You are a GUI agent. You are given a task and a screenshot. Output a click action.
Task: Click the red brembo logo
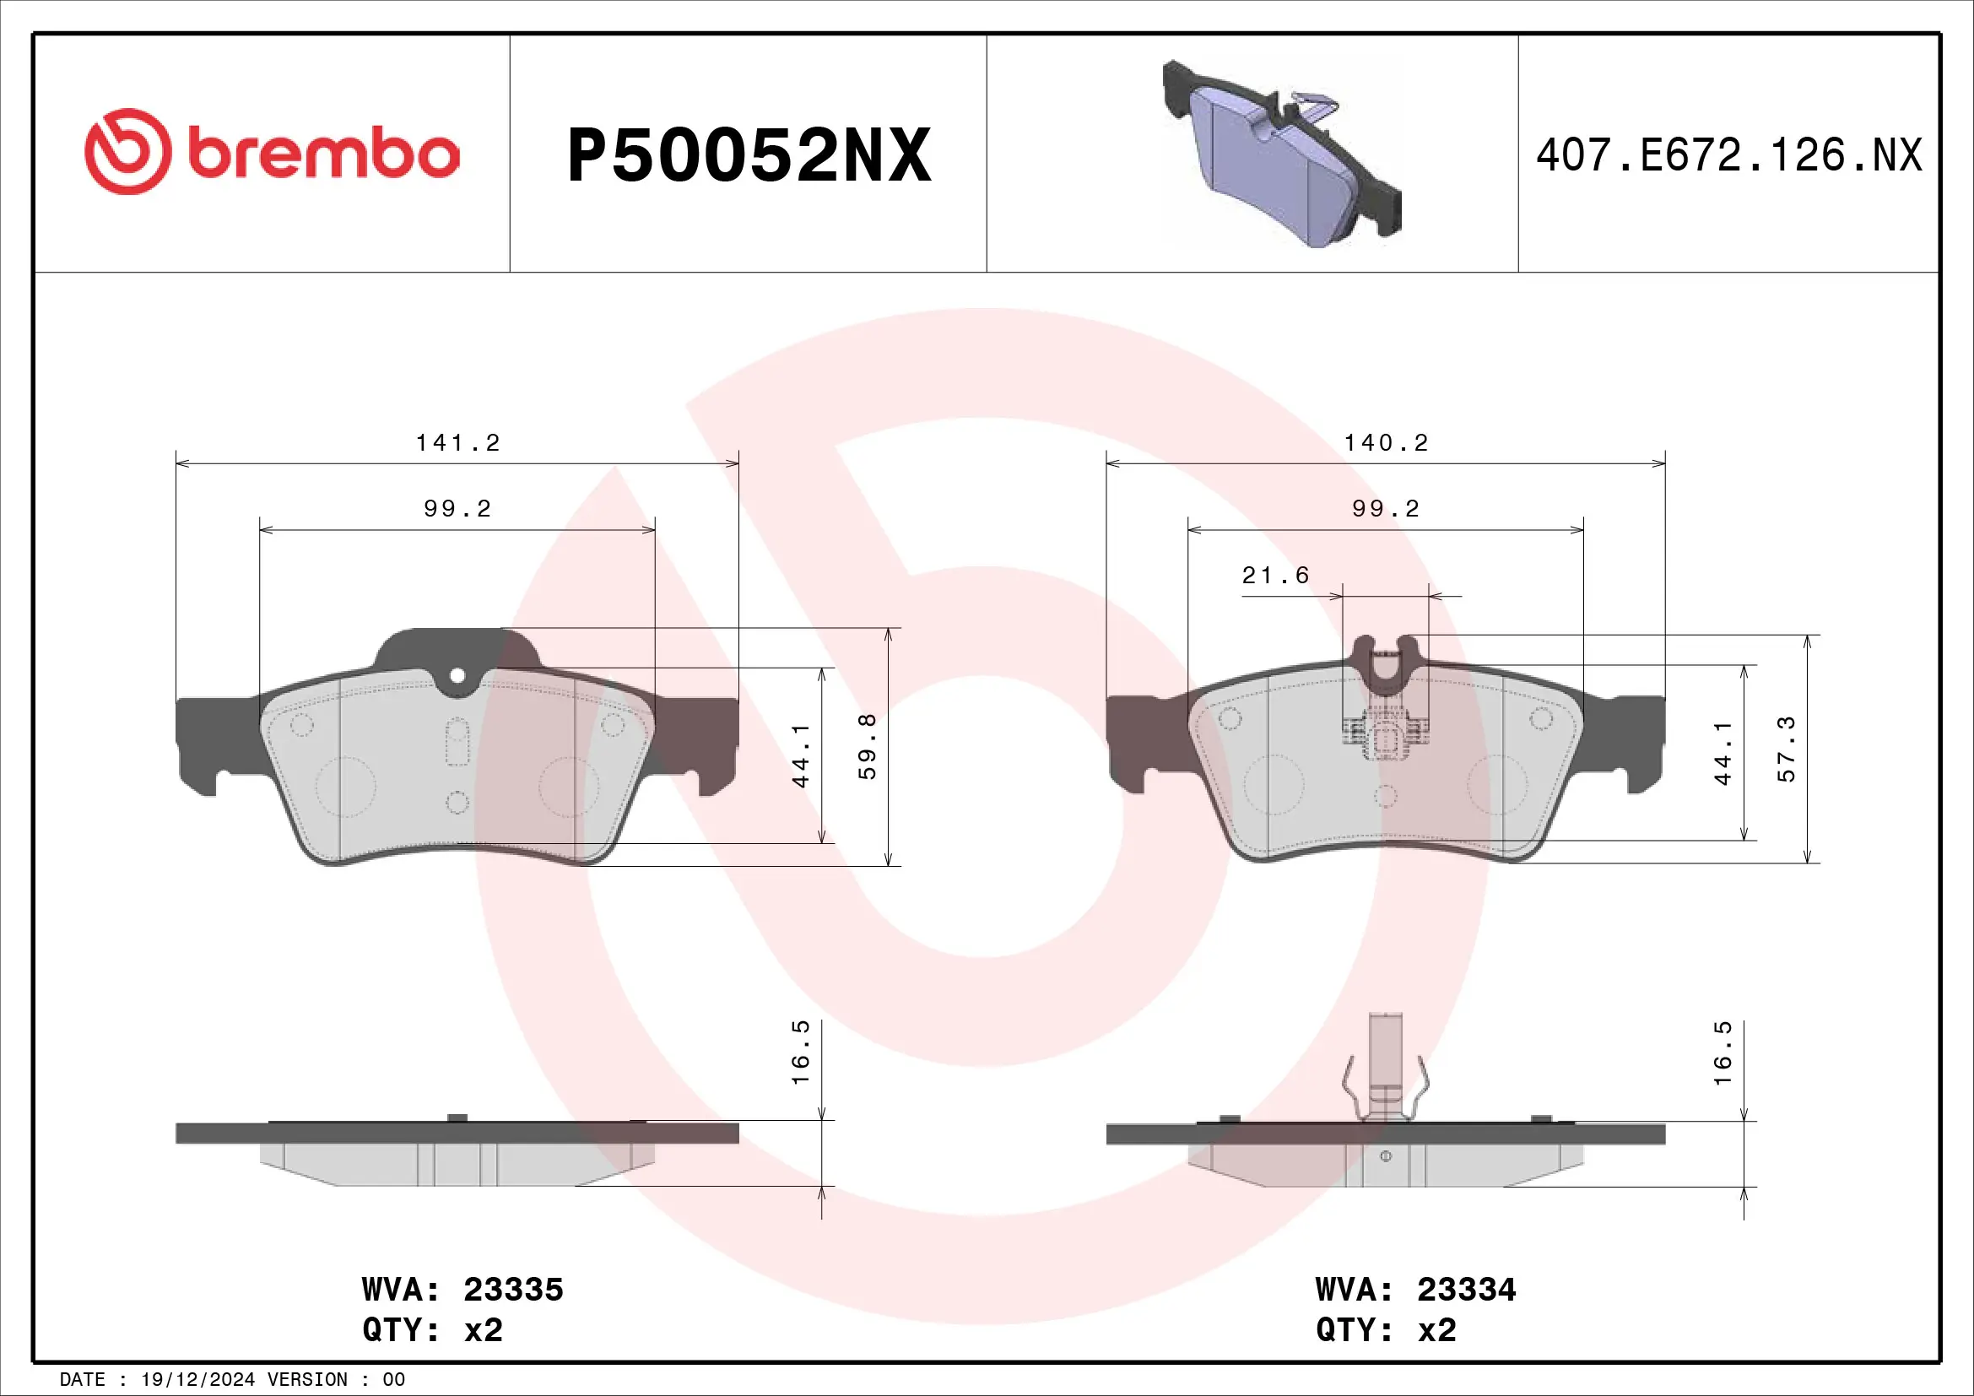coord(272,152)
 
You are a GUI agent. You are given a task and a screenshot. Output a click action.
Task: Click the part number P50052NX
coord(749,155)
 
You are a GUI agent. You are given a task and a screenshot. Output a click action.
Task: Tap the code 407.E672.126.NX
coord(1728,155)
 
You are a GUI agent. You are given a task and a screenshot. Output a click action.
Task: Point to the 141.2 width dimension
coord(457,443)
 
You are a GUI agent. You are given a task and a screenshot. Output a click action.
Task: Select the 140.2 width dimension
coord(1386,443)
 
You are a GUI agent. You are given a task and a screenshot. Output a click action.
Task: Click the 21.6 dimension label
coord(1275,575)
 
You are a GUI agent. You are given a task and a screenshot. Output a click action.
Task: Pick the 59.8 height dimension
coord(868,746)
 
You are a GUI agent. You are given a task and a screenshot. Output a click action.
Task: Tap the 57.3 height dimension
coord(1786,749)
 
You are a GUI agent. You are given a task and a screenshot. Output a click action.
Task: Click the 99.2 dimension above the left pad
coord(457,509)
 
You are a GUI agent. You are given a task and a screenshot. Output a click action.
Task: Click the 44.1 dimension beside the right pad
coord(1723,753)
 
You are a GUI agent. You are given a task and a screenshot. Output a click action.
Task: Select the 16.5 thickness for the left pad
coord(799,1052)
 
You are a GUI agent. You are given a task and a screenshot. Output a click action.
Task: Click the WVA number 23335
coord(513,1290)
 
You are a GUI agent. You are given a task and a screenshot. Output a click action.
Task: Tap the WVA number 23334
coord(1467,1290)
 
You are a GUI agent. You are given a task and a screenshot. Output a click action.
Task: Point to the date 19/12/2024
coord(197,1380)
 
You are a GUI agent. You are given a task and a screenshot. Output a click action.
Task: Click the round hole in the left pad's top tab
coord(457,676)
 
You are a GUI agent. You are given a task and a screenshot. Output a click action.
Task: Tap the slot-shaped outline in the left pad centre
coord(457,742)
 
